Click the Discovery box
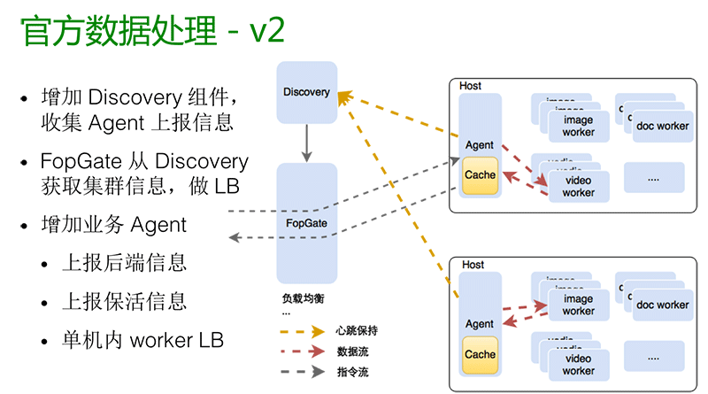(306, 92)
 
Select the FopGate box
(306, 223)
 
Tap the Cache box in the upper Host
(481, 175)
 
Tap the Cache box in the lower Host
(481, 354)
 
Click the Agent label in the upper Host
(479, 144)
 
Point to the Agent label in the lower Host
(479, 324)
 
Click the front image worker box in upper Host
(578, 127)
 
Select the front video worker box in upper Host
(578, 186)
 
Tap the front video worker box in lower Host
(578, 365)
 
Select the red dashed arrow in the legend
(300, 352)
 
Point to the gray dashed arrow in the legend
(300, 373)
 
